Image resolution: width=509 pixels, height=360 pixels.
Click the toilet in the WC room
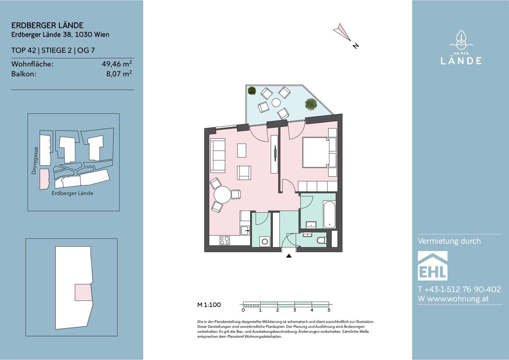pos(322,240)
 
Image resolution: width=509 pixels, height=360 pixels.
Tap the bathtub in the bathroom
pos(329,214)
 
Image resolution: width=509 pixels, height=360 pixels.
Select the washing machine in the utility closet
pos(265,241)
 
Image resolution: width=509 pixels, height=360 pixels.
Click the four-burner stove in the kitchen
pos(225,241)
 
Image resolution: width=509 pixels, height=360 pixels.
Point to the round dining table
pos(222,195)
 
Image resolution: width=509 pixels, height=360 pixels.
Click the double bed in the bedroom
pos(317,152)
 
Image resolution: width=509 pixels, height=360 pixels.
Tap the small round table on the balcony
pos(276,102)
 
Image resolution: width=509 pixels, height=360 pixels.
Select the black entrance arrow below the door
pos(289,256)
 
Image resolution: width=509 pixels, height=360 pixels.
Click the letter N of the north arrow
pos(356,46)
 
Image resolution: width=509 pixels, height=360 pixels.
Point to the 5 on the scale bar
pos(329,310)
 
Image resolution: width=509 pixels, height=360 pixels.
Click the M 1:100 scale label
pos(209,305)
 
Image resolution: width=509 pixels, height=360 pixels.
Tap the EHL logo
pos(433,266)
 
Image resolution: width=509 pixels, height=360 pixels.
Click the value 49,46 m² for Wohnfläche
pos(117,64)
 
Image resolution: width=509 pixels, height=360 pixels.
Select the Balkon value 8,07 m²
pos(119,74)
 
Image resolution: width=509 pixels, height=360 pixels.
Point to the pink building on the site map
pos(44,179)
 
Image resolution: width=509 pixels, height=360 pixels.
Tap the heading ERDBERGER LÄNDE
pos(47,25)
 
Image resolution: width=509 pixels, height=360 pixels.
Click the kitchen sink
pos(245,231)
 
